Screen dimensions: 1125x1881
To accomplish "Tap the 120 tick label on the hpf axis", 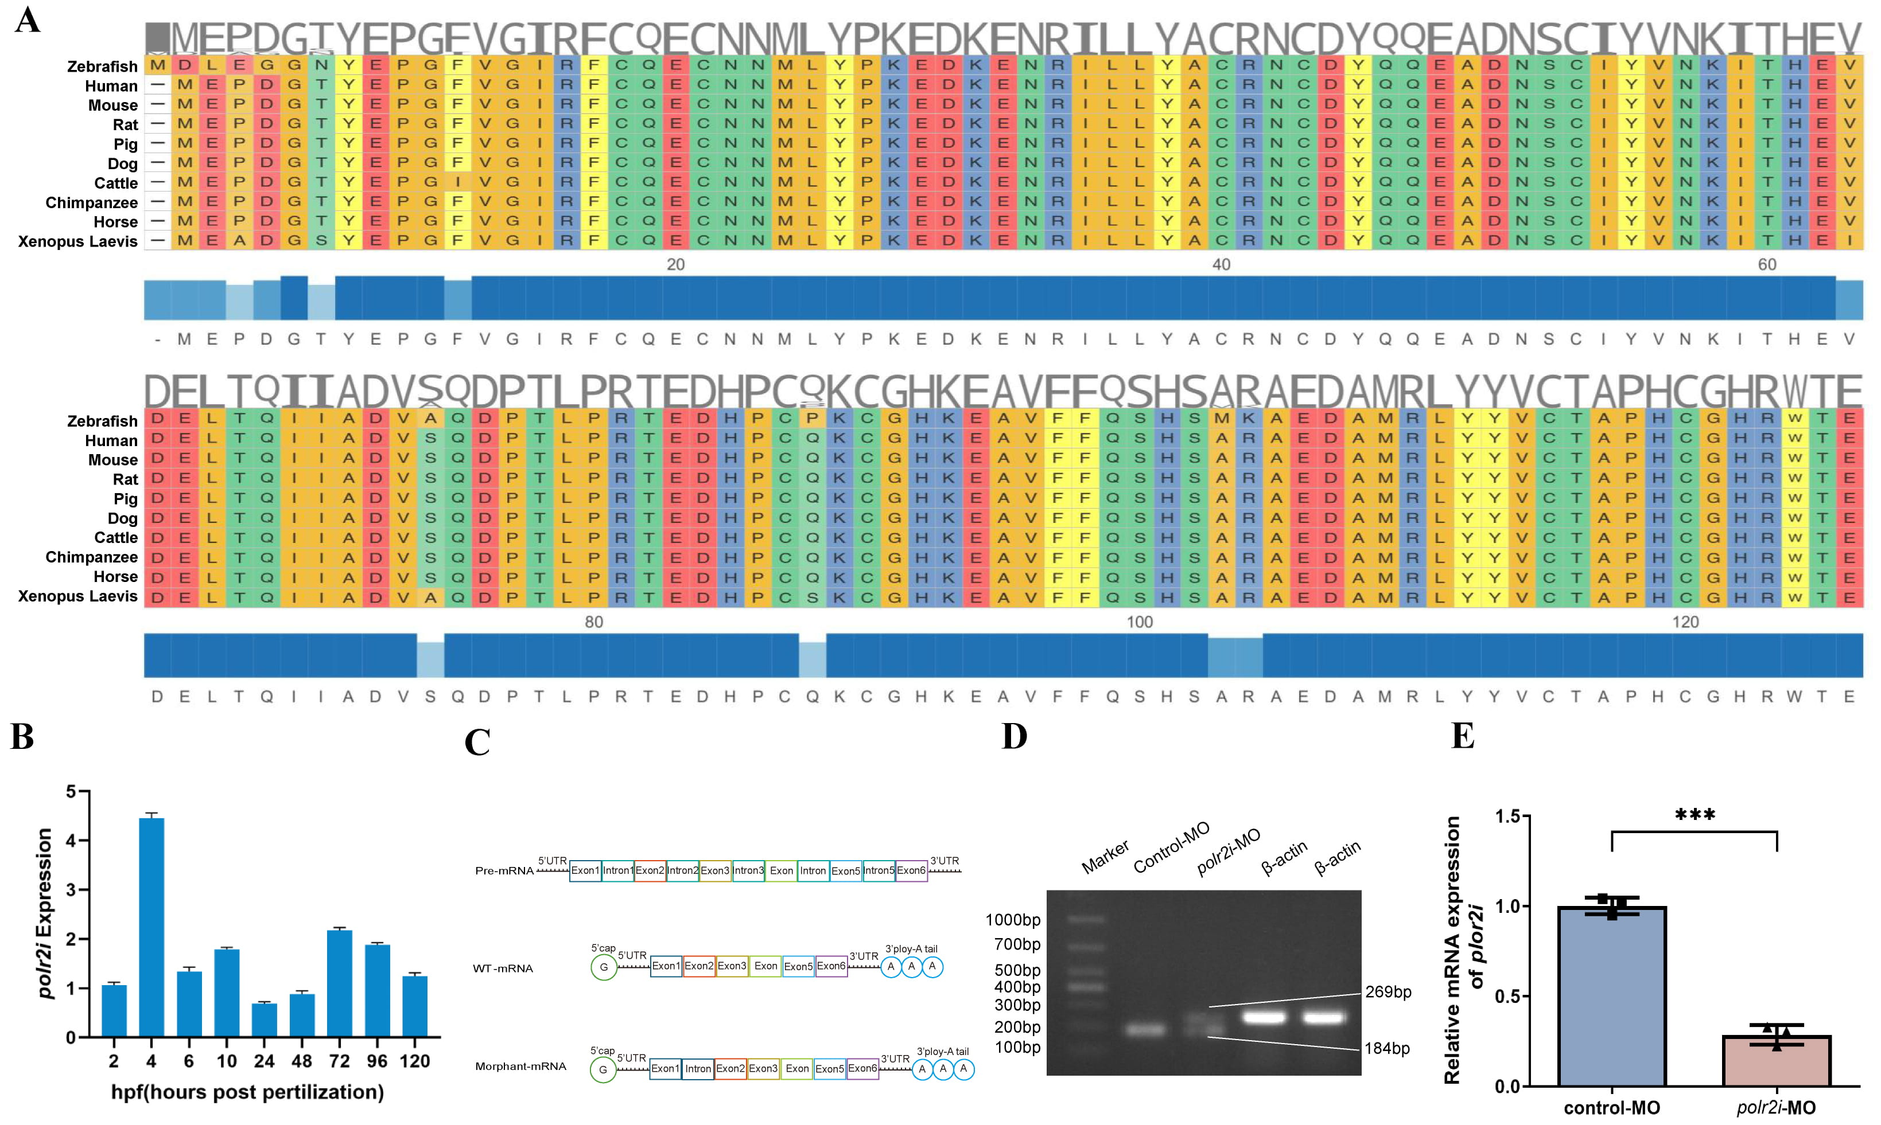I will [415, 1061].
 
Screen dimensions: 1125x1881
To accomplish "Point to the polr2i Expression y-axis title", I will [45, 913].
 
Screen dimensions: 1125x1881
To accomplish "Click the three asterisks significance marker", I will [1695, 816].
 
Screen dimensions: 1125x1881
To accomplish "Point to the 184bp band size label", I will [1386, 1048].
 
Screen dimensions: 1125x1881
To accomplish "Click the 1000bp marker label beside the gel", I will [1013, 920].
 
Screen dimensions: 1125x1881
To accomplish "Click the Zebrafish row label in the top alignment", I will [102, 67].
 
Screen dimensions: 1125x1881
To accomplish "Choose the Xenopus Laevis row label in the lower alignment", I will [77, 596].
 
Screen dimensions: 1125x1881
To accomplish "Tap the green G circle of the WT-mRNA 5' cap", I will [604, 967].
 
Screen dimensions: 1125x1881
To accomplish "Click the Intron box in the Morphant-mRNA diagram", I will [698, 1069].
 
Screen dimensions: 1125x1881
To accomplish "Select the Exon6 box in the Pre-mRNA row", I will [911, 870].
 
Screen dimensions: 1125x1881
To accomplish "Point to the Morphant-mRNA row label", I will [520, 1067].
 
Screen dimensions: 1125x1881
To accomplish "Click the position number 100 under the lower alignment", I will [1139, 622].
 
